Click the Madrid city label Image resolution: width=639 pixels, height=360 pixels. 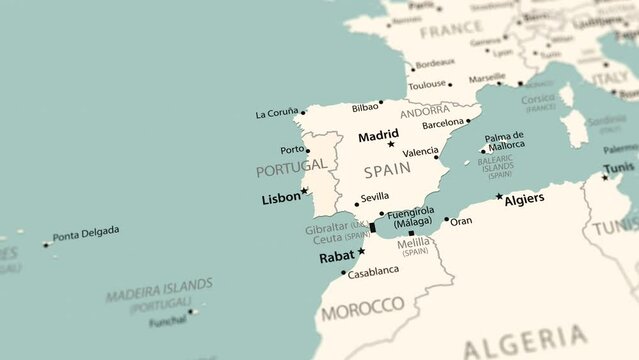coord(378,134)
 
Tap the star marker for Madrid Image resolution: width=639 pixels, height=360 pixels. coord(391,145)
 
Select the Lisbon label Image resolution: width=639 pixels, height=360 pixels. coord(280,198)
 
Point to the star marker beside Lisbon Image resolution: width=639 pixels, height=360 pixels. coord(304,190)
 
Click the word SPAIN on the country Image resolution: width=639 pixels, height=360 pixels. coord(386,170)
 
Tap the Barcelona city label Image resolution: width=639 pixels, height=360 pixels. coord(444,124)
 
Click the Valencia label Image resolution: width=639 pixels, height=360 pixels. coord(420,152)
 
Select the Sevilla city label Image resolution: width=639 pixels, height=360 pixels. coord(374,197)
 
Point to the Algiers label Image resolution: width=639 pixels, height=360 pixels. coord(525,199)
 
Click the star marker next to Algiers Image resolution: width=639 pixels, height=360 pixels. coord(499,196)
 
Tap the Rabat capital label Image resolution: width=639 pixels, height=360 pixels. coord(336,257)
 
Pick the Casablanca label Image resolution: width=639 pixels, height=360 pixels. coord(373,271)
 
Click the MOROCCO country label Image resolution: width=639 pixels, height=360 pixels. coord(362,304)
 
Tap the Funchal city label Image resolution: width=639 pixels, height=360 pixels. coord(167,321)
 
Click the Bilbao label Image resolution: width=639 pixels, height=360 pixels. coord(365,107)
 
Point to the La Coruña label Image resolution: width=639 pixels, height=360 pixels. coord(277,113)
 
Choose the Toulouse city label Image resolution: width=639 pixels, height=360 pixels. coord(427,85)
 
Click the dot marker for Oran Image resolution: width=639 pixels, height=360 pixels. coord(446,220)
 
